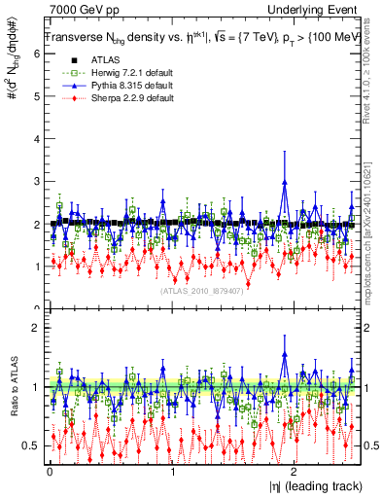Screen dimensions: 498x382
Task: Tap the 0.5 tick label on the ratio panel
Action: [x=30, y=445]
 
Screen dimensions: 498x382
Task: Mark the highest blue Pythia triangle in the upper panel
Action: [x=284, y=181]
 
